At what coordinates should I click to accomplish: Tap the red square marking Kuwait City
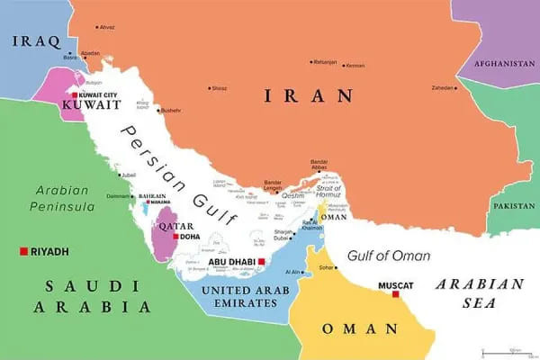pyautogui.click(x=75, y=94)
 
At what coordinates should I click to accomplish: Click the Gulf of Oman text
pyautogui.click(x=389, y=256)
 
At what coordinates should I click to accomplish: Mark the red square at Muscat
pyautogui.click(x=394, y=293)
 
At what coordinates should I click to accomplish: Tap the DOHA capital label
pyautogui.click(x=190, y=237)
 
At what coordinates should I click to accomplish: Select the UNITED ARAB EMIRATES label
pyautogui.click(x=239, y=297)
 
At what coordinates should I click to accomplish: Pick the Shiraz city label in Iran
pyautogui.click(x=219, y=88)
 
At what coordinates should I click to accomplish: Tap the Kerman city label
pyautogui.click(x=355, y=65)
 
